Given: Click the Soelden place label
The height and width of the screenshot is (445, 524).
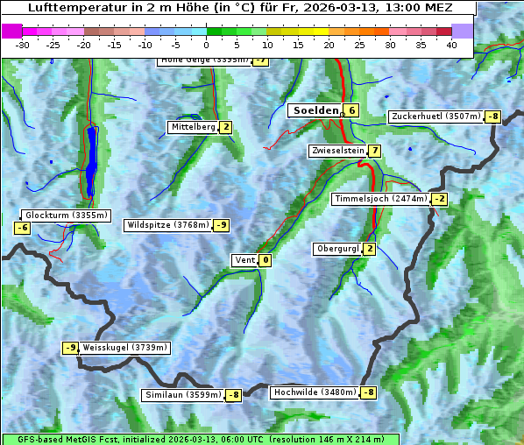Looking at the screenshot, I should (x=315, y=110).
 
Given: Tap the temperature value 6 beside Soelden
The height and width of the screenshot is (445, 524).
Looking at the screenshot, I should (x=351, y=110).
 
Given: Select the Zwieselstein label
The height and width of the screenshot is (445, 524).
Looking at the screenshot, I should (x=337, y=151).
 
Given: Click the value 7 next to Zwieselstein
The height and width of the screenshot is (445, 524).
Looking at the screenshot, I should (x=375, y=151).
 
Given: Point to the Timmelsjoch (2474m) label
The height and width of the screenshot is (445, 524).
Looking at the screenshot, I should (x=381, y=199).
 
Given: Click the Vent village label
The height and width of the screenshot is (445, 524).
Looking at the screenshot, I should (x=244, y=259).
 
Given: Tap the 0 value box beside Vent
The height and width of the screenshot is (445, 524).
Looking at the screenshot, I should (x=266, y=259).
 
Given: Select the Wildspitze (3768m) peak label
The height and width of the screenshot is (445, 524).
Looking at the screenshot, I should (x=168, y=225).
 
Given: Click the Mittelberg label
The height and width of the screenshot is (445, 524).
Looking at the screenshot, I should (x=193, y=127).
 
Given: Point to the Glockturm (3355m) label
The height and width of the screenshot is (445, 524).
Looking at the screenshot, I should (x=66, y=215).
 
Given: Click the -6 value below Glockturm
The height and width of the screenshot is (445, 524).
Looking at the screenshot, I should (x=23, y=228).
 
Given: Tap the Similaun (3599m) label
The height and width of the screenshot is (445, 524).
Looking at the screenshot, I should (x=182, y=395).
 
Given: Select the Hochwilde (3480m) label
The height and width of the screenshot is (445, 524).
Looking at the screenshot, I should (x=314, y=392).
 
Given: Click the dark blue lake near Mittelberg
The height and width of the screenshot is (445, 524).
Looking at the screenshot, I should (x=91, y=162).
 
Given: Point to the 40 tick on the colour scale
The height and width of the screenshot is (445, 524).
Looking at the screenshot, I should (x=451, y=44).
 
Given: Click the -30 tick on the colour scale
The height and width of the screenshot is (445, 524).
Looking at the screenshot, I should (x=23, y=44).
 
